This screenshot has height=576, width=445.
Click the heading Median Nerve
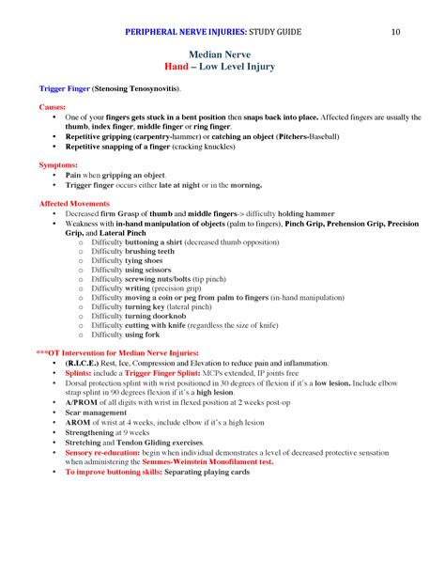coord(222,55)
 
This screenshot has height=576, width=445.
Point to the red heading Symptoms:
coord(58,164)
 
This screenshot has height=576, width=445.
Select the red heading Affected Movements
coord(74,203)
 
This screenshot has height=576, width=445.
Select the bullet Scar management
coord(99,412)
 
